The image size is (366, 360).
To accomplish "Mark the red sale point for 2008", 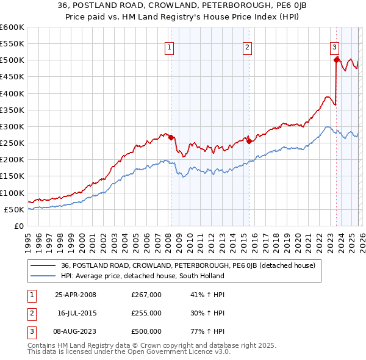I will point(171,137).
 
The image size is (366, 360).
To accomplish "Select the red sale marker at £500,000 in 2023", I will point(336,60).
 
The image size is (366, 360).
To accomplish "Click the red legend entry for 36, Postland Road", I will point(188,265).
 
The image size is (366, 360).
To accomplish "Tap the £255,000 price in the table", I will point(146,313).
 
